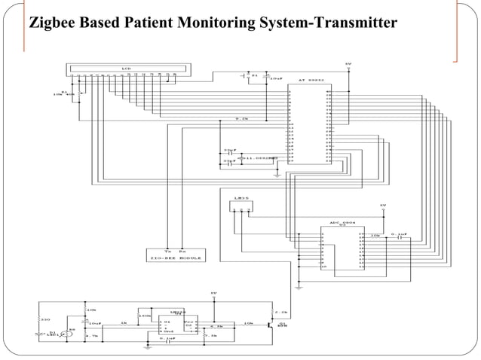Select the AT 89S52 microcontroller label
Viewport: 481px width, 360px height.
coord(311,80)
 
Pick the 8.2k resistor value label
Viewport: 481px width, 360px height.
coord(242,119)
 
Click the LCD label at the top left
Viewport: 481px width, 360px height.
coord(125,69)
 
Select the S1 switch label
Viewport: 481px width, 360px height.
coord(254,75)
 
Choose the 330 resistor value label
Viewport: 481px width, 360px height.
coord(44,319)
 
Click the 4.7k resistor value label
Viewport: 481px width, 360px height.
coord(93,336)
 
